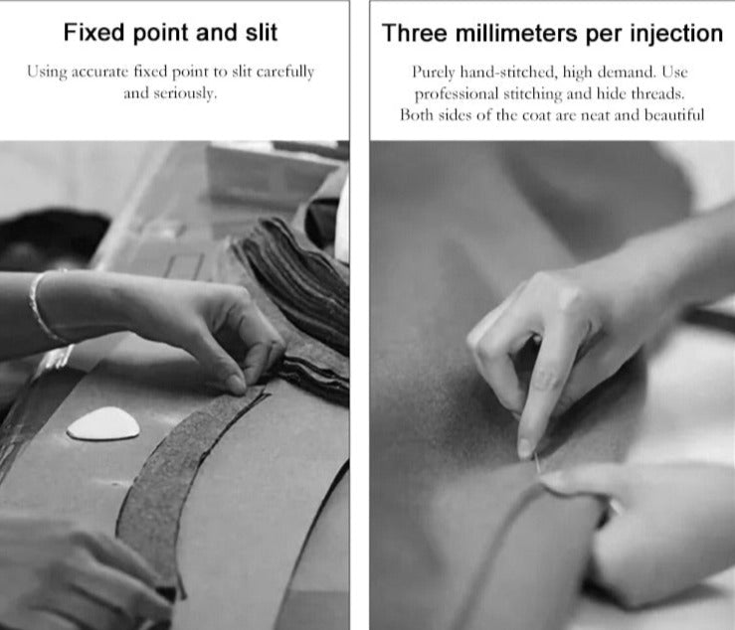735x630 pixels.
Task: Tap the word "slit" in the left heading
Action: coord(262,33)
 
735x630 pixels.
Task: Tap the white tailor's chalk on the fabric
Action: coord(103,423)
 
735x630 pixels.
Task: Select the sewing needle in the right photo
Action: coord(538,463)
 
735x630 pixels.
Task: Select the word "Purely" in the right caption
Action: coord(434,73)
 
